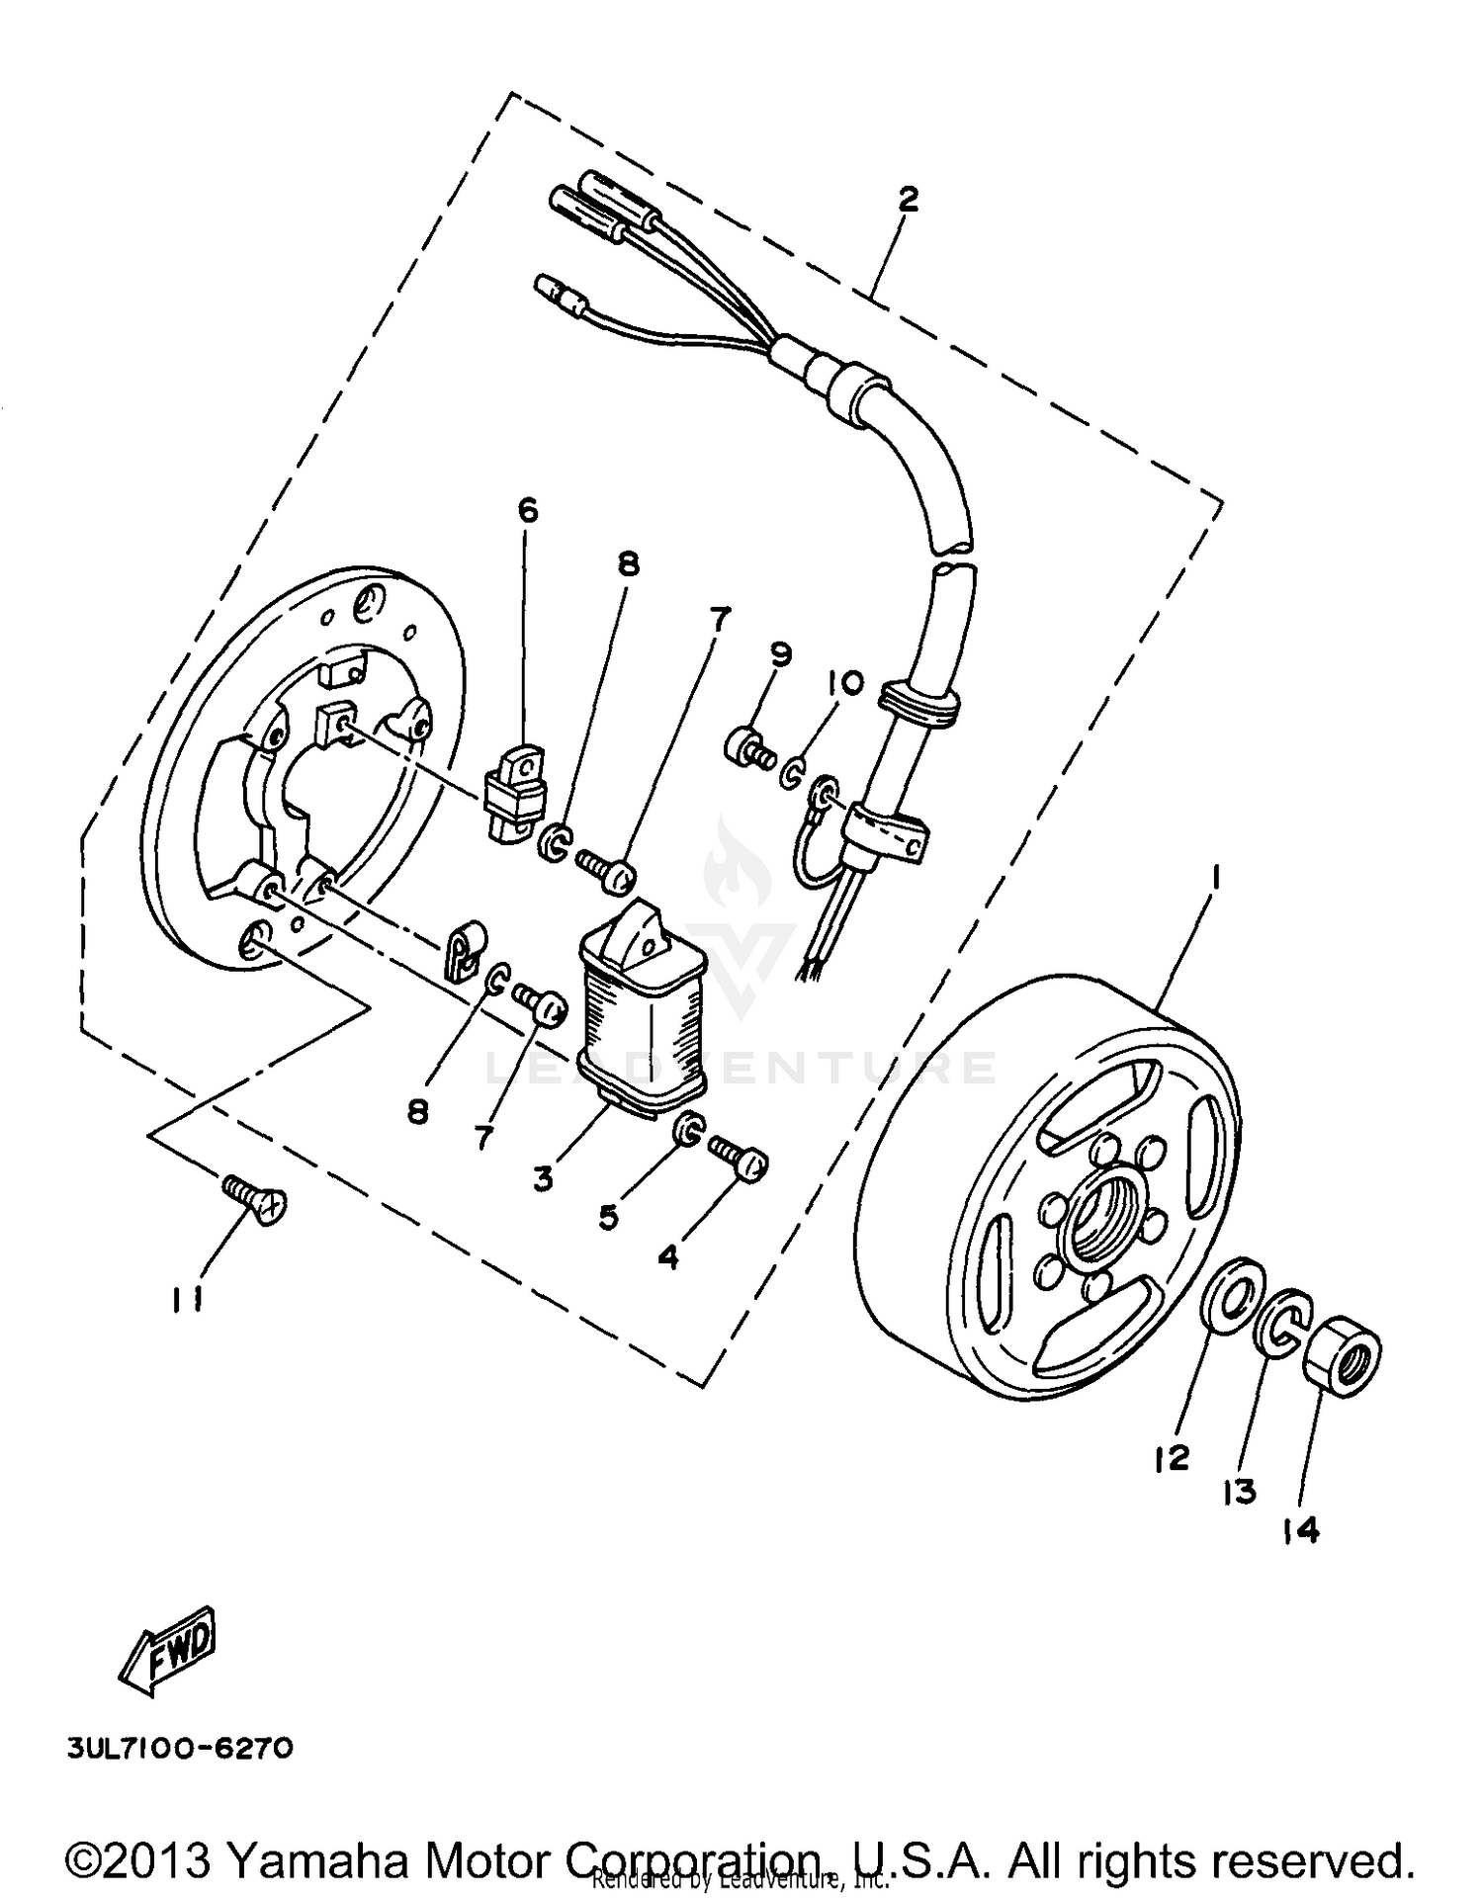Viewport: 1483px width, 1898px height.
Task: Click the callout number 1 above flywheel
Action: [1216, 876]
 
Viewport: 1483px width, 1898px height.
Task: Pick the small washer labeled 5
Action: [689, 1129]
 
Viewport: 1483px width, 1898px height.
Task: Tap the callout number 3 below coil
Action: [543, 1178]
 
